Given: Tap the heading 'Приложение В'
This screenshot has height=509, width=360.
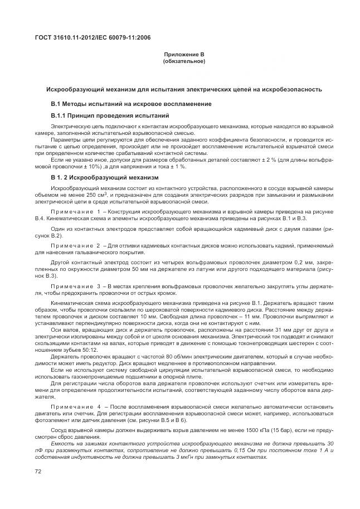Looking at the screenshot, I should [184, 54].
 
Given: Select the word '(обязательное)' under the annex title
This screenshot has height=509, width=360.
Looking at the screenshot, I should [184, 61].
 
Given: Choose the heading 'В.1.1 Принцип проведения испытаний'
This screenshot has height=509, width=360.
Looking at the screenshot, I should [110, 115].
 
